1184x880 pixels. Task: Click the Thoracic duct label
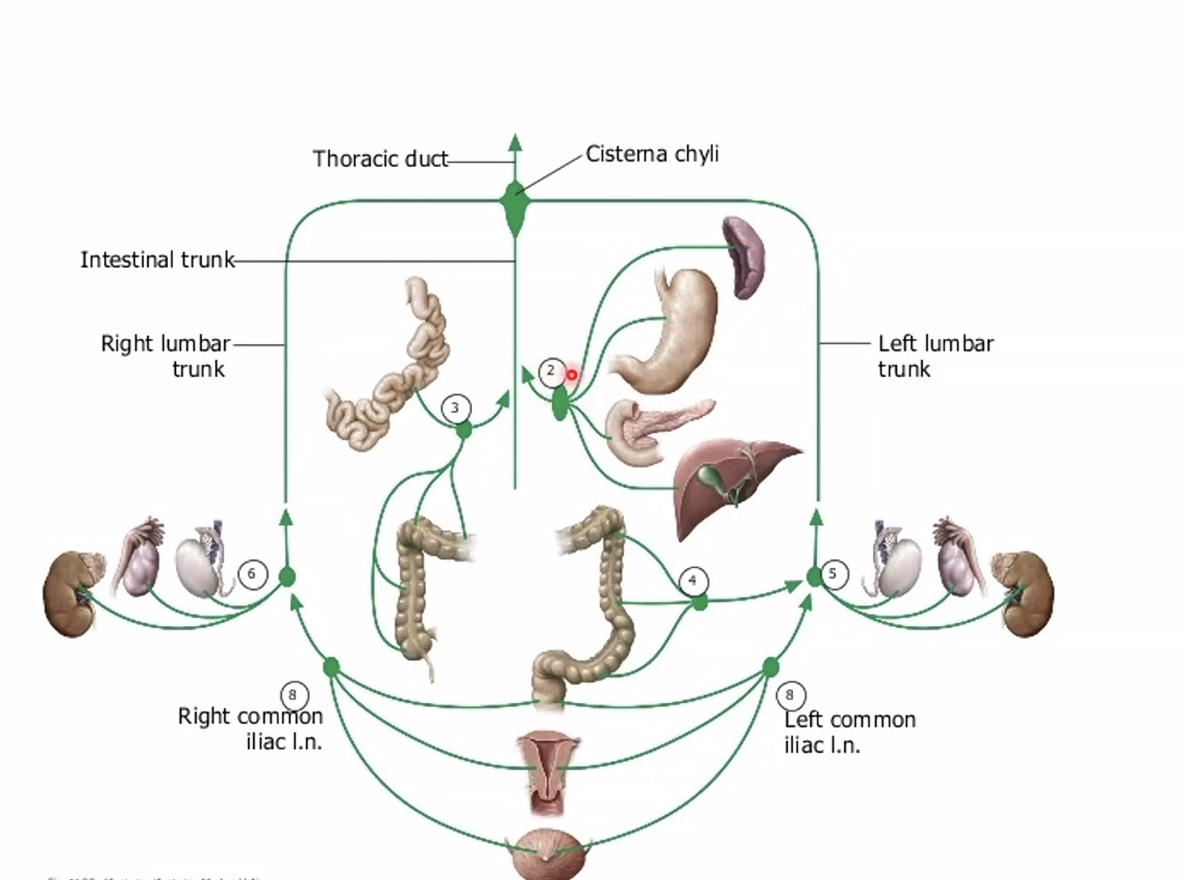(380, 159)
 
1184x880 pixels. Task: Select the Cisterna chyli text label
(652, 155)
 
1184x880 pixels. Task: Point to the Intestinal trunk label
(157, 260)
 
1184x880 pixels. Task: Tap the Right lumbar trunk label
(165, 356)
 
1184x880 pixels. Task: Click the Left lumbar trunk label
(935, 356)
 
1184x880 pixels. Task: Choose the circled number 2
(551, 371)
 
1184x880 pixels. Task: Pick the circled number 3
(456, 408)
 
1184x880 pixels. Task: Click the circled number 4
(693, 581)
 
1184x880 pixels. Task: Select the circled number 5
(833, 573)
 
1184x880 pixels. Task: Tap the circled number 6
(252, 574)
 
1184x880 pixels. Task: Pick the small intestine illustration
(397, 380)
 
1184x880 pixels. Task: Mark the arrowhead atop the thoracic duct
(515, 141)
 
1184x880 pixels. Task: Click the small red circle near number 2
(571, 375)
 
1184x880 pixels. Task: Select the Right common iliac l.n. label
(250, 729)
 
